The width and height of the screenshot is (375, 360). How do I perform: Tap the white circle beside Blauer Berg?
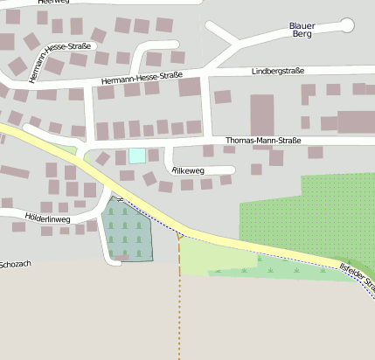click(x=347, y=25)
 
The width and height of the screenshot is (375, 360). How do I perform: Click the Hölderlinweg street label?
click(x=47, y=215)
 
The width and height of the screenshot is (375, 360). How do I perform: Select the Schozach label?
click(x=16, y=263)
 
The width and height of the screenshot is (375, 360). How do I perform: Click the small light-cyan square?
click(x=137, y=156)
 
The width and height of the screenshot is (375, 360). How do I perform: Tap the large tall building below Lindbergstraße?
click(x=262, y=114)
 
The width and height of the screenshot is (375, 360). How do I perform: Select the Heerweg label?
click(x=53, y=3)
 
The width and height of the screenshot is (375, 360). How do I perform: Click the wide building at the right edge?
click(x=356, y=121)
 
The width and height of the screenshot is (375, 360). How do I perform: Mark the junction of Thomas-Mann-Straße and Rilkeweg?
click(x=165, y=143)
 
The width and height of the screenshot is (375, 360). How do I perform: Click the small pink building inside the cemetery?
click(x=124, y=257)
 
